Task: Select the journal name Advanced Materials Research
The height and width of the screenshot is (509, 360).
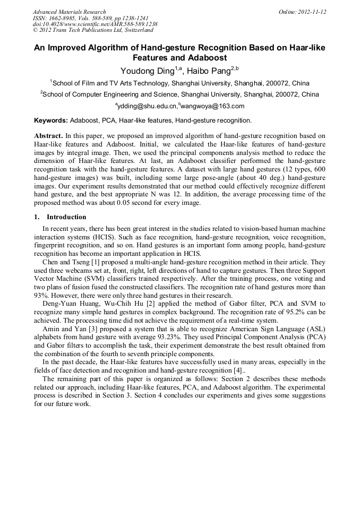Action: click(69, 12)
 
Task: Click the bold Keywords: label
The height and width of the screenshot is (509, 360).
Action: click(50, 121)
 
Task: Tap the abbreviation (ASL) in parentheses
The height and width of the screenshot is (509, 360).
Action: click(316, 329)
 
